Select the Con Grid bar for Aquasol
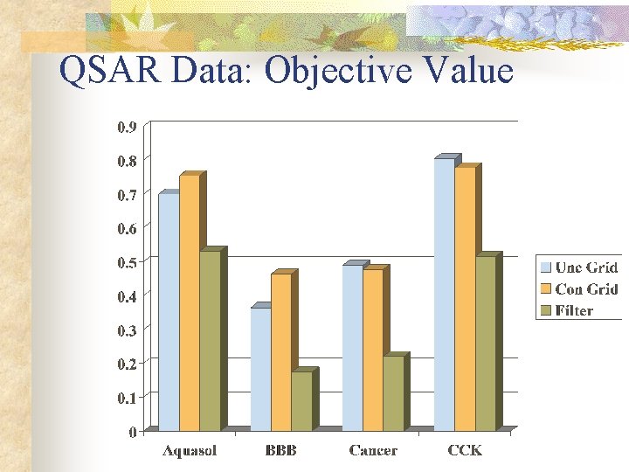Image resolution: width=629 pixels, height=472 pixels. point(190,302)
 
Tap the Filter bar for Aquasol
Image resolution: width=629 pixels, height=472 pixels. point(210,341)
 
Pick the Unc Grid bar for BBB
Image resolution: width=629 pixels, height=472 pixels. point(260,368)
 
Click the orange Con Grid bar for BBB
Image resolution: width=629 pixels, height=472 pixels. point(281,351)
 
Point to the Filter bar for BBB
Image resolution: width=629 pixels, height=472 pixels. point(301,400)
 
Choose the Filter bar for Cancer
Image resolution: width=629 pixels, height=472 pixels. point(393,393)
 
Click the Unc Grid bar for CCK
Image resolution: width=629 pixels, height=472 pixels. point(444,294)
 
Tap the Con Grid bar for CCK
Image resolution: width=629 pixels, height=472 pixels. point(465,298)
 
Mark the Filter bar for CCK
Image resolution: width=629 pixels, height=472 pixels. point(485,343)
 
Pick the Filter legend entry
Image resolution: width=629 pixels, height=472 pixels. point(573,310)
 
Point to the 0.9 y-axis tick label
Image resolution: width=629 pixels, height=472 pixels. point(127,127)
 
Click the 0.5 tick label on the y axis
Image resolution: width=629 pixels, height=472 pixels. point(127,262)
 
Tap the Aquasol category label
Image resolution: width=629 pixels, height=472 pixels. point(190,451)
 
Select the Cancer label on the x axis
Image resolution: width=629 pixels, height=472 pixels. point(373,451)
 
